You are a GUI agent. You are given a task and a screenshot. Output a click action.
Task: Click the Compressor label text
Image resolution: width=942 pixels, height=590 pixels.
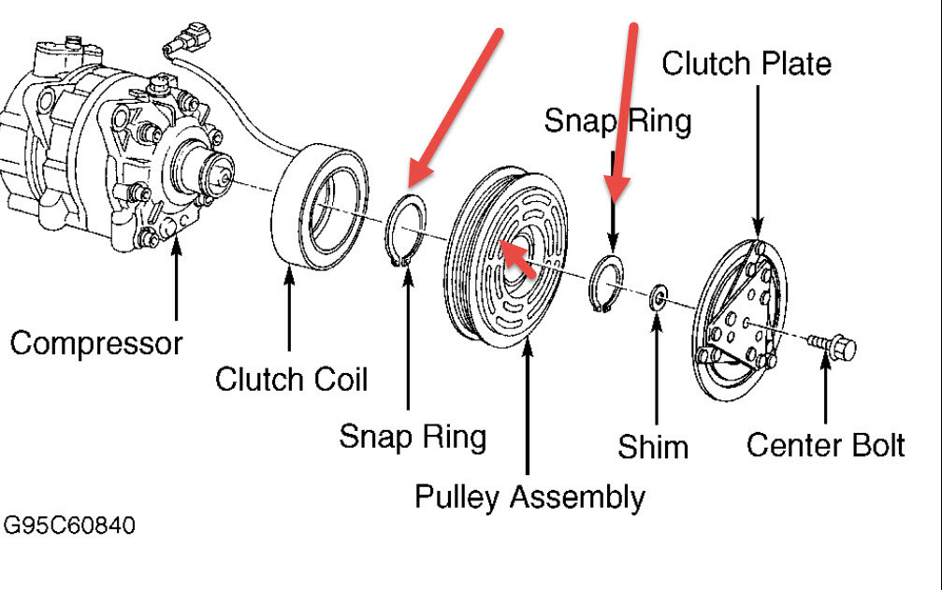coord(95,343)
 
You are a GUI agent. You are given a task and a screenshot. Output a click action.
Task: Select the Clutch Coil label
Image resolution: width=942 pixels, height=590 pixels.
coord(291,380)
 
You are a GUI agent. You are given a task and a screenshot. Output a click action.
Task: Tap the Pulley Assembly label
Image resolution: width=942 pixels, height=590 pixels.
coord(529,496)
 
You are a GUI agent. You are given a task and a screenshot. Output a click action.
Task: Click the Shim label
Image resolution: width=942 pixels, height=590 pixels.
coord(653,447)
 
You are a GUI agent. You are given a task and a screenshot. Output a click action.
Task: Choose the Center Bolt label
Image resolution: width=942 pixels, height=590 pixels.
coord(825,445)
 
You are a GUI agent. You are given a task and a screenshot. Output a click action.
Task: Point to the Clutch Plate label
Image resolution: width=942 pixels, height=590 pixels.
coord(746,64)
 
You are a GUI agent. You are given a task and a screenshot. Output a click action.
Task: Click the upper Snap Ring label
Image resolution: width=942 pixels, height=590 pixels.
coord(617,121)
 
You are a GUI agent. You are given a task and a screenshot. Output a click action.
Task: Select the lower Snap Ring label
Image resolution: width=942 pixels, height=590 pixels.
coord(412,436)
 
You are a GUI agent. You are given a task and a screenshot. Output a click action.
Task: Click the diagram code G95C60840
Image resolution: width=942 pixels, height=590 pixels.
coord(68,526)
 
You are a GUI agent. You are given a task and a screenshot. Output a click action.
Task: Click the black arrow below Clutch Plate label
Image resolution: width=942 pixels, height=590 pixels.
coord(756,159)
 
